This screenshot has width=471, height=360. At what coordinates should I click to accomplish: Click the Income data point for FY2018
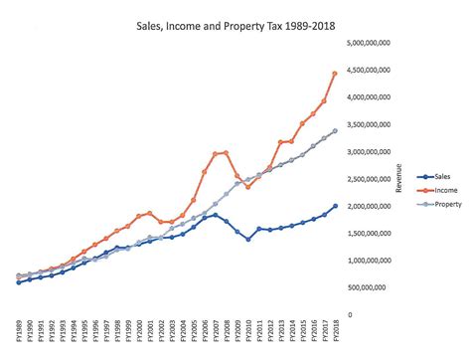[335, 74]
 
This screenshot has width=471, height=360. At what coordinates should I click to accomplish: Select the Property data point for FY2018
[335, 131]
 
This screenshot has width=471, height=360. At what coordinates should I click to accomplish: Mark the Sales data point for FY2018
[335, 206]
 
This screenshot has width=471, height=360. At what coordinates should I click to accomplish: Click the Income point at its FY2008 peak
[227, 153]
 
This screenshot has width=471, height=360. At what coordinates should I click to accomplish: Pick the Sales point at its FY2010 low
[247, 239]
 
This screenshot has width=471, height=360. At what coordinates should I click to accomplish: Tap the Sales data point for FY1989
[19, 282]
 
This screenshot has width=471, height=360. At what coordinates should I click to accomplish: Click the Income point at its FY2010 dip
[247, 187]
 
